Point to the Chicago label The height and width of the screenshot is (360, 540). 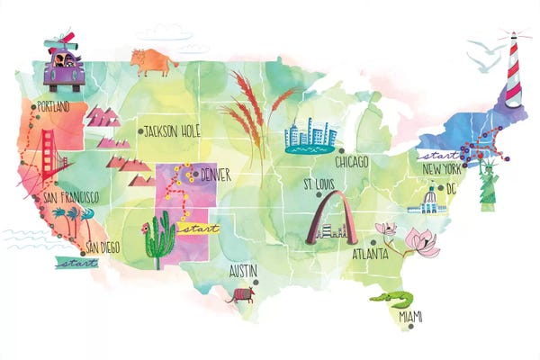pyautogui.click(x=353, y=163)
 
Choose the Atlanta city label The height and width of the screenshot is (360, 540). pyautogui.click(x=371, y=253)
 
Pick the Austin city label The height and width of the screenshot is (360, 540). pyautogui.click(x=244, y=270)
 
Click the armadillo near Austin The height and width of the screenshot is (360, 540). pyautogui.click(x=240, y=292)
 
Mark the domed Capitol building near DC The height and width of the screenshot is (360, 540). pyautogui.click(x=427, y=200)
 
